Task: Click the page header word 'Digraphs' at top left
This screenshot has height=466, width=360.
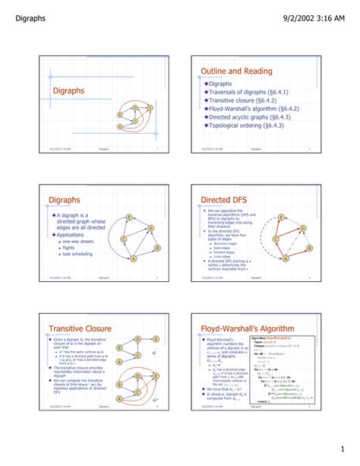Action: click(x=27, y=9)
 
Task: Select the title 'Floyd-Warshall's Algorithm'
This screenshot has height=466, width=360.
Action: click(x=247, y=328)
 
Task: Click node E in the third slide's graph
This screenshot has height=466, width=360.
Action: click(x=131, y=218)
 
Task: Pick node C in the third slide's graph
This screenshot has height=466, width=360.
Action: click(x=123, y=240)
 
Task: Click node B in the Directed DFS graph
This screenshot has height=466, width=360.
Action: click(x=308, y=248)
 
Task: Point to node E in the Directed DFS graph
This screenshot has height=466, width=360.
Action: click(x=282, y=218)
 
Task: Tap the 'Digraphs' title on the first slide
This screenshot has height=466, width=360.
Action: click(x=68, y=90)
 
